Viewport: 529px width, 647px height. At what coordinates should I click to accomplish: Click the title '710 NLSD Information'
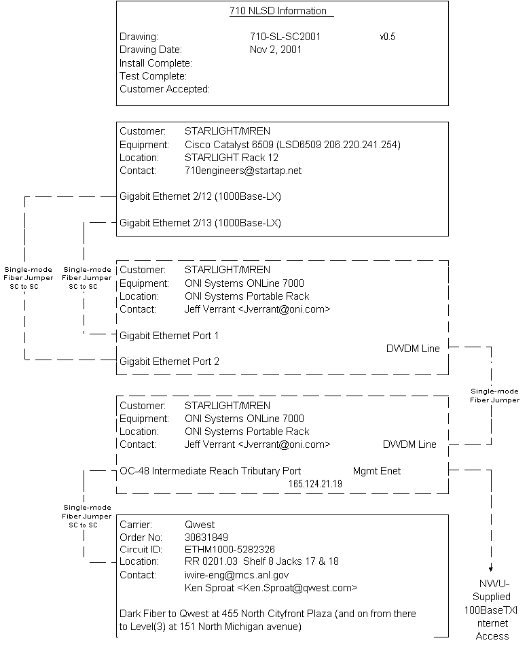[x=278, y=11]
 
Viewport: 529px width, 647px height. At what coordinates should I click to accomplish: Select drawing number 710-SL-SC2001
[x=285, y=37]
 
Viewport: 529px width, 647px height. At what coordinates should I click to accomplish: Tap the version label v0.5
[x=387, y=37]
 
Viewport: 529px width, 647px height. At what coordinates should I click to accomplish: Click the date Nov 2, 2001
[x=276, y=50]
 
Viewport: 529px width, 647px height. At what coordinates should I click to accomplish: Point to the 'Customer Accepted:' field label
[x=164, y=89]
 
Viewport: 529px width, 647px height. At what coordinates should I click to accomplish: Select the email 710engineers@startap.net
[x=242, y=171]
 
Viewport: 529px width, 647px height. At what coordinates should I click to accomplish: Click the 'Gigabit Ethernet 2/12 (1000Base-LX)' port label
[x=200, y=197]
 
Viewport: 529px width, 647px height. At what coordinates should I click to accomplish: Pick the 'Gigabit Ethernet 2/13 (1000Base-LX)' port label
[x=200, y=223]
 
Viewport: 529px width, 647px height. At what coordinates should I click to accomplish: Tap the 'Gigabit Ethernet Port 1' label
[x=169, y=336]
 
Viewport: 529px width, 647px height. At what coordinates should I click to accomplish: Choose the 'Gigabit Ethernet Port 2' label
[x=169, y=362]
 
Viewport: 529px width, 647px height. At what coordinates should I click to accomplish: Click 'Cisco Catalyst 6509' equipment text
[x=227, y=145]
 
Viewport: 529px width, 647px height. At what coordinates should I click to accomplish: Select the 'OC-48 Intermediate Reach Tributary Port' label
[x=210, y=470]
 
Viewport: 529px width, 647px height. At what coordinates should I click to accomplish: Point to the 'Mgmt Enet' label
[x=377, y=470]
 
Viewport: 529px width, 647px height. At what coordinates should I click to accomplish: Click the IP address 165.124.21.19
[x=315, y=483]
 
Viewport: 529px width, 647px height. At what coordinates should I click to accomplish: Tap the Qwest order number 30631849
[x=207, y=537]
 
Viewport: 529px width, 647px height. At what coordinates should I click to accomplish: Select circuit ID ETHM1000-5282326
[x=230, y=549]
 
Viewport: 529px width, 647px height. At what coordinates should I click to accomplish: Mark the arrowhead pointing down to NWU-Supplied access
[x=491, y=569]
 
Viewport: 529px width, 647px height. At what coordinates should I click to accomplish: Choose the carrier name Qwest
[x=200, y=525]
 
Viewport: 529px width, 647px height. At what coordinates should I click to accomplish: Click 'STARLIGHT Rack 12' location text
[x=232, y=158]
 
